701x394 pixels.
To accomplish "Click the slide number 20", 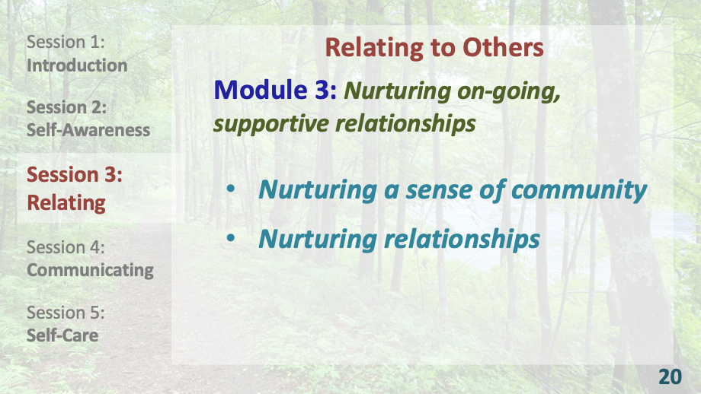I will (670, 377).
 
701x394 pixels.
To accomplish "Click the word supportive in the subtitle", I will (264, 123).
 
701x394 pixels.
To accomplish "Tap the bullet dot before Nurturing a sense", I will (232, 189).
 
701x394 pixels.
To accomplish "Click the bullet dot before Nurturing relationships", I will (232, 238).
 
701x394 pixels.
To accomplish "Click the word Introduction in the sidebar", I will (77, 65).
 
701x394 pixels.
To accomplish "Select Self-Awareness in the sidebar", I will (88, 130).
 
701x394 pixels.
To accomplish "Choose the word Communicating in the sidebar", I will (90, 270).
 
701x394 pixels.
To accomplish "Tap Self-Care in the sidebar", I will (62, 335).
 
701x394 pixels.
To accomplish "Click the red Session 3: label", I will (75, 175).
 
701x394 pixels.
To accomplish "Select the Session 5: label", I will (66, 313).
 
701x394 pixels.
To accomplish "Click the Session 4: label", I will (66, 247).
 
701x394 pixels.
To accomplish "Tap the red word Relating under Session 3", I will (66, 203).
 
